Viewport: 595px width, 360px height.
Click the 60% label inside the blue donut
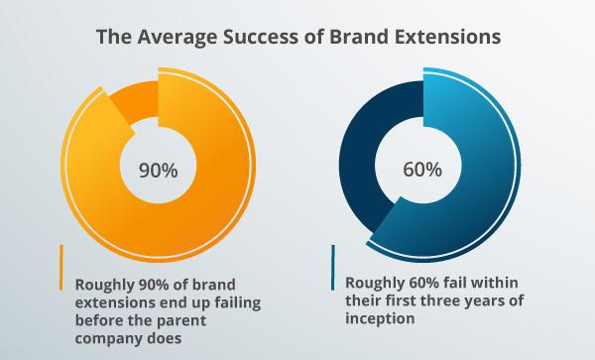point(424,170)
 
